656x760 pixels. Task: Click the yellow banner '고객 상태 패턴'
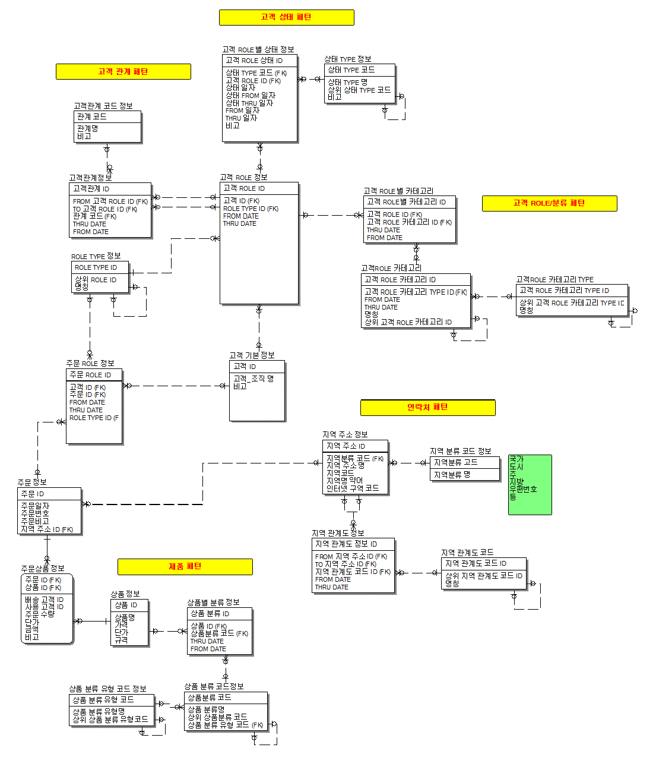coord(286,17)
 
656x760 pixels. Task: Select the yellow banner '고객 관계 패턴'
coord(123,72)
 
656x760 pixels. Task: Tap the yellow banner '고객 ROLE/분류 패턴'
coord(549,203)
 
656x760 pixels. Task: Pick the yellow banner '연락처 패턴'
coord(427,407)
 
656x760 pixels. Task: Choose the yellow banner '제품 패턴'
coord(185,567)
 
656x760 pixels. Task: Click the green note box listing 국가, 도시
coord(530,484)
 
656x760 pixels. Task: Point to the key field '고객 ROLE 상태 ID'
coord(254,61)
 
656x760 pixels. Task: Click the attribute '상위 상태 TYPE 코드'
coord(359,90)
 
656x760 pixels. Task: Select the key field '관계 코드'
coord(92,116)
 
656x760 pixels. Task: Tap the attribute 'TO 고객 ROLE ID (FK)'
coord(105,209)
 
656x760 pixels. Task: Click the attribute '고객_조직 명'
coord(253,379)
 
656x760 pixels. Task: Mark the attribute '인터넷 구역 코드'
coord(353,488)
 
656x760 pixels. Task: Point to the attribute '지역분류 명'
coord(452,475)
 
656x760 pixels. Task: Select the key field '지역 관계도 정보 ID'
coord(346,544)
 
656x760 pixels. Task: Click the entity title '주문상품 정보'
coord(43,569)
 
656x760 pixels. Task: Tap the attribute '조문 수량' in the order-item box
coord(40,614)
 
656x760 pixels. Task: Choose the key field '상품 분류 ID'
coord(210,613)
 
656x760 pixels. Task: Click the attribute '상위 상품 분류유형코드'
coord(110,719)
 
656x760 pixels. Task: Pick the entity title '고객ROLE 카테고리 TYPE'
coord(554,279)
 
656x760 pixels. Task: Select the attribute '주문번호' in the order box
coord(35,513)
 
